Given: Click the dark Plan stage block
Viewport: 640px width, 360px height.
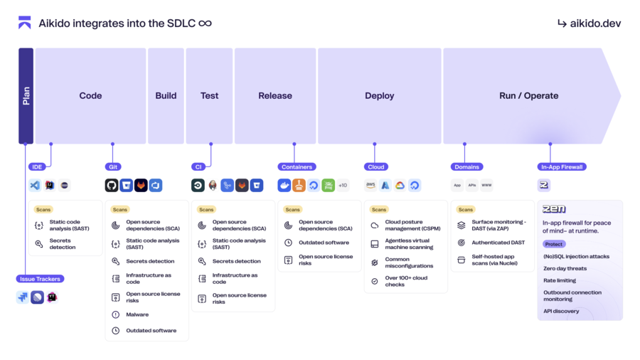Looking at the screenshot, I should coord(26,96).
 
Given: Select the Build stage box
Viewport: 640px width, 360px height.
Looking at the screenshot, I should coord(166,96).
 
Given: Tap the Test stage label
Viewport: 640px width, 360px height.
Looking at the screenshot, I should coord(209,96).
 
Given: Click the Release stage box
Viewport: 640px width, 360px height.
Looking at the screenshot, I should coord(275,96).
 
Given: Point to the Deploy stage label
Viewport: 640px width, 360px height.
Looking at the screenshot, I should coord(379,96).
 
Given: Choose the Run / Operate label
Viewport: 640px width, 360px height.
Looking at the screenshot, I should coord(528,96).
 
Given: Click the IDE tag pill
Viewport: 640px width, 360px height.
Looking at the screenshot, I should coord(37,167).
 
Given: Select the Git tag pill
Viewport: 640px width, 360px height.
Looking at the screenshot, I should coord(112,167).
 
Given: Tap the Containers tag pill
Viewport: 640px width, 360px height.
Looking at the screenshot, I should coord(297,167).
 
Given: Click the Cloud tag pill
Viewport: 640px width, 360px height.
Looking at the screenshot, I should coord(375,167).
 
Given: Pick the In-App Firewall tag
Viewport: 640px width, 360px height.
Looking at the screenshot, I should coord(562,167).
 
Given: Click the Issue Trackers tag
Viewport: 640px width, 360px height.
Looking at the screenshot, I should coord(40,279).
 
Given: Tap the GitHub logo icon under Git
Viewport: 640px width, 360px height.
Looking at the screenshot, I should coord(112,186).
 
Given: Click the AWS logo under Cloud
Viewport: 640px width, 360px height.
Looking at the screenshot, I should coord(370,186).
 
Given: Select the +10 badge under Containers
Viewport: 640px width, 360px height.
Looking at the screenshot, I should coord(343,186).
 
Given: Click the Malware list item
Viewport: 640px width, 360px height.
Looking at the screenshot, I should coord(137,314).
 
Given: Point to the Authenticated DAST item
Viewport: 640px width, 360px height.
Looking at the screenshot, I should coord(498,243).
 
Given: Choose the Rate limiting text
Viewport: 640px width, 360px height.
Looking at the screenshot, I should coord(560,280).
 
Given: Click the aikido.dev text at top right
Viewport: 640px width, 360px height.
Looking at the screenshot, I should coord(590,23).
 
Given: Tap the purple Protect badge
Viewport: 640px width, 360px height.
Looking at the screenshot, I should coord(554,244).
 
